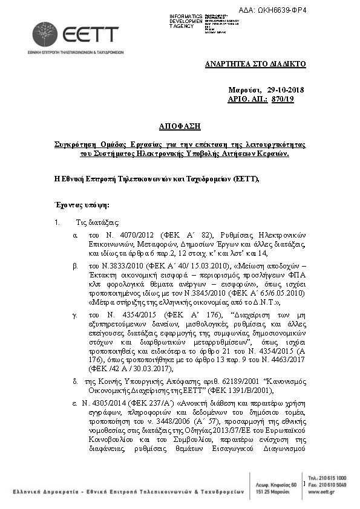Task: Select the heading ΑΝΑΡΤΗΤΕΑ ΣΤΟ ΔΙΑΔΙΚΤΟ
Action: (255, 63)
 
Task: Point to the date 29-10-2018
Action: (285, 90)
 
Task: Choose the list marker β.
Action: (75, 265)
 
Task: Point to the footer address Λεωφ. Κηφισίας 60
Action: (276, 485)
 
